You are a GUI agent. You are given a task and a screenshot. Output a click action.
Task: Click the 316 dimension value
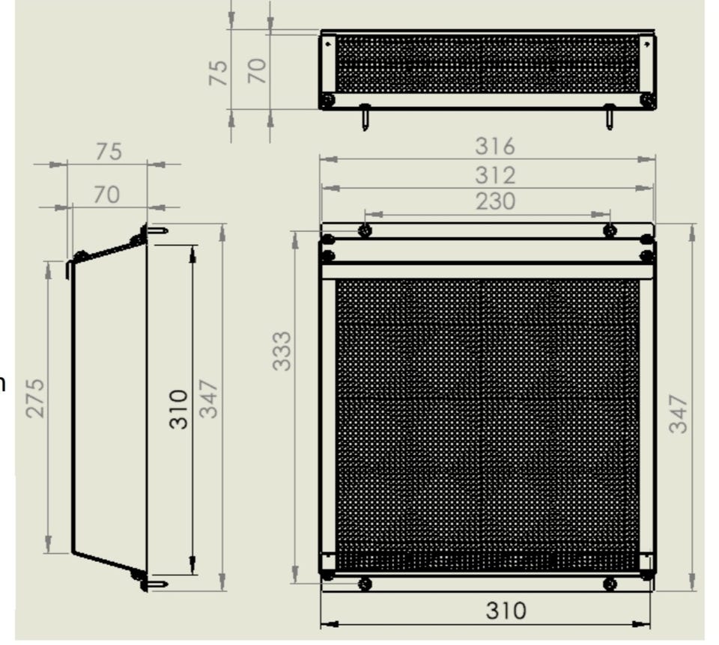coord(495,147)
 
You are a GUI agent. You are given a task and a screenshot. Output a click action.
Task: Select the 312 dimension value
coord(495,175)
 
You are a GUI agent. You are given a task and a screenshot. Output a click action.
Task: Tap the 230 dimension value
coord(495,201)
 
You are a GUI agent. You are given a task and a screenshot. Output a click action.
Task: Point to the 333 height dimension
coord(282,351)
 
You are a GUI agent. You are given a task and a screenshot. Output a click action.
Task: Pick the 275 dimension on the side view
coord(36,398)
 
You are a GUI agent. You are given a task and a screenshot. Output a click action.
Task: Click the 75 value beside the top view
coord(218,73)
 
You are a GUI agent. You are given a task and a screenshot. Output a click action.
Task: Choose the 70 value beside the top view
coord(257,71)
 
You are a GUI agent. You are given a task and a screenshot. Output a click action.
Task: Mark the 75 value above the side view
coord(109,152)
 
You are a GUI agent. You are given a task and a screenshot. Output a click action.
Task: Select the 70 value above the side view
coord(107,195)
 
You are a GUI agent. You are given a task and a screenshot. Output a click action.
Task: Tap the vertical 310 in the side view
coord(179,409)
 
